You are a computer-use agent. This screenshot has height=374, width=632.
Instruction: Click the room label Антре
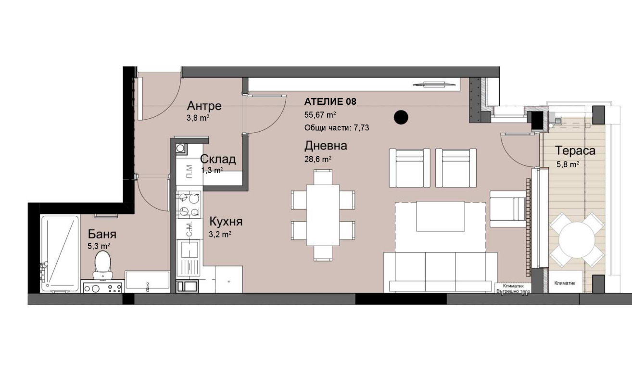(204, 106)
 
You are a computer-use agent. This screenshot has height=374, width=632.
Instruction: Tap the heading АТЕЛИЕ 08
(330, 101)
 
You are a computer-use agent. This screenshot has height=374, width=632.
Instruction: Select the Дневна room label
(326, 146)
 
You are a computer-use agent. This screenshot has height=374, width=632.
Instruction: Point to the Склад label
(218, 159)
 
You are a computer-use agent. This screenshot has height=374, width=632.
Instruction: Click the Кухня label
(226, 222)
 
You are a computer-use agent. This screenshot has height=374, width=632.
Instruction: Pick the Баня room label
(102, 234)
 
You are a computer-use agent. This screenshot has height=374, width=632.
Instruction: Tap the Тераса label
(575, 150)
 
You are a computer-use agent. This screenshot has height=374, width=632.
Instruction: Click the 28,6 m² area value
(318, 160)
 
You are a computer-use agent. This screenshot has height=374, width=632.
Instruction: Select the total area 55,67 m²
(320, 115)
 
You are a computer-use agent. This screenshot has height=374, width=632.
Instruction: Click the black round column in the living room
(401, 117)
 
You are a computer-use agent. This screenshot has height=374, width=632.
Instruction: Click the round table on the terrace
(577, 240)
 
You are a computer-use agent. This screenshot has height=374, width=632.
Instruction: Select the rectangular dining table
(323, 215)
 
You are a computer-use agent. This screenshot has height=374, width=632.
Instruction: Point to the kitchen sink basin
(190, 249)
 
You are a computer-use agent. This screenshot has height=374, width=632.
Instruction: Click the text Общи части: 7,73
(337, 128)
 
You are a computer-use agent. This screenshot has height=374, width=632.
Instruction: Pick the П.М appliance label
(190, 172)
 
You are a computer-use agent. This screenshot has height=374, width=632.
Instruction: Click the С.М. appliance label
(190, 229)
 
